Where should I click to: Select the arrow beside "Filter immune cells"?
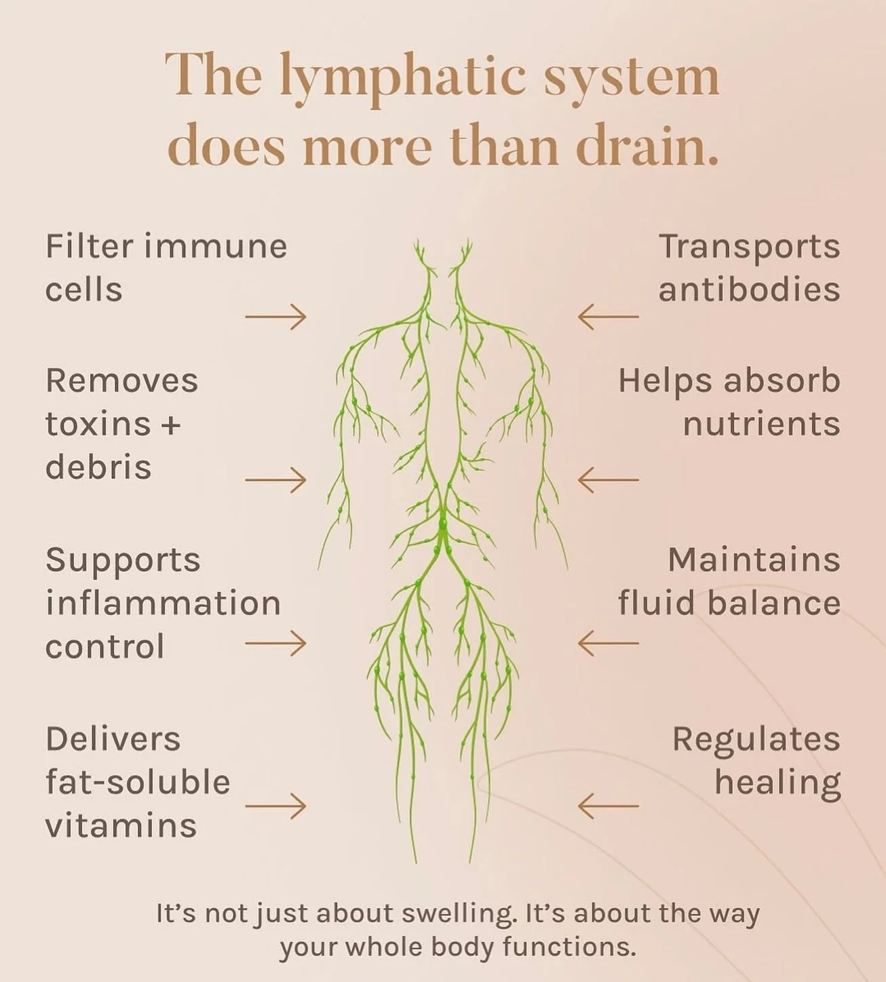click(275, 316)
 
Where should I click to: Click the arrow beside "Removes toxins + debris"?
click(275, 479)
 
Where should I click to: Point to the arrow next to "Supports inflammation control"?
click(275, 643)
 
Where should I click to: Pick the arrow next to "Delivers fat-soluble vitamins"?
click(275, 806)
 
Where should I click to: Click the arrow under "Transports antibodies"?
click(608, 316)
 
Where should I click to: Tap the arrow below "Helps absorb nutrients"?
click(608, 479)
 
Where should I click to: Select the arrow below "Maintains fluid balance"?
click(608, 643)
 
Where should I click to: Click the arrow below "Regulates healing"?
click(608, 806)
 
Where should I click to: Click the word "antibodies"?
click(749, 290)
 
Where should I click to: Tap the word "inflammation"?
click(163, 603)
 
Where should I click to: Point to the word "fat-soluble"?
click(138, 783)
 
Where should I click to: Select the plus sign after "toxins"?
click(171, 425)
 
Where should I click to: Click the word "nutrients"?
click(761, 424)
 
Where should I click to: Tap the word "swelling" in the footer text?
click(457, 914)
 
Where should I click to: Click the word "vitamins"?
click(121, 826)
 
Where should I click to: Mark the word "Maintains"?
click(754, 560)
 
